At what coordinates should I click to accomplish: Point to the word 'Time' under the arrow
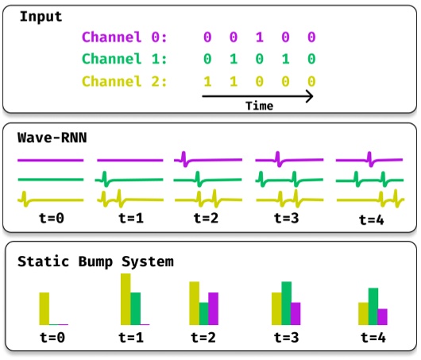pyautogui.click(x=258, y=105)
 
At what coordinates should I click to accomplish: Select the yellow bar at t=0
pyautogui.click(x=44, y=309)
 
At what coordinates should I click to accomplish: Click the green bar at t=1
pyautogui.click(x=136, y=309)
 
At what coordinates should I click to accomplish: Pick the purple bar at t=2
pyautogui.click(x=213, y=309)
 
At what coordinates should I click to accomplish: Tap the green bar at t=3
pyautogui.click(x=286, y=304)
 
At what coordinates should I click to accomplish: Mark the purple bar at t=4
pyautogui.click(x=382, y=317)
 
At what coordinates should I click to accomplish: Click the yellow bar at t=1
pyautogui.click(x=126, y=300)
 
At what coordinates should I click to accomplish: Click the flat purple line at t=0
pyautogui.click(x=49, y=160)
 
